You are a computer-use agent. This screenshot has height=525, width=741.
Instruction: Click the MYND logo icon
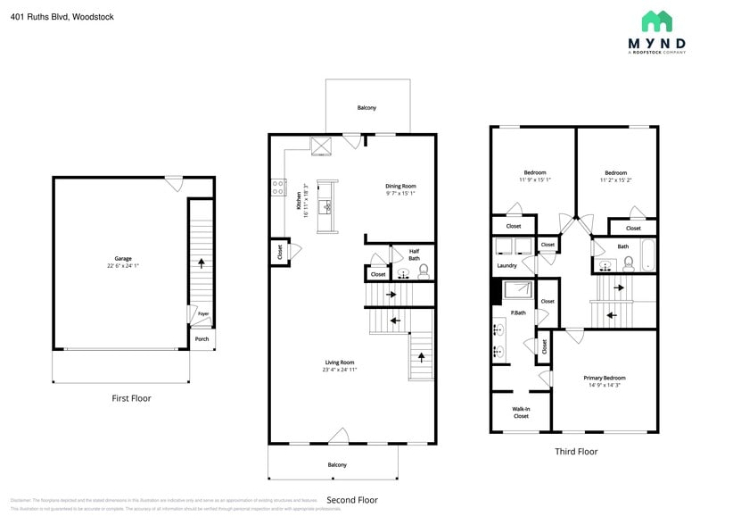656,21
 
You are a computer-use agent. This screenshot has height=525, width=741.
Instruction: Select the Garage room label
122,259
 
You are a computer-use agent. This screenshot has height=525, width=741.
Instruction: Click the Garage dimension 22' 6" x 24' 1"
122,266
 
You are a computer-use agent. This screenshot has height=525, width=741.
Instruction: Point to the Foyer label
202,313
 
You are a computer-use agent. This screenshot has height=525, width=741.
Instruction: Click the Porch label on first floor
202,338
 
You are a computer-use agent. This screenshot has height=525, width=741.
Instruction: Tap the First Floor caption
130,398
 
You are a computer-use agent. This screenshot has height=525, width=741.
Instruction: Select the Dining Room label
400,186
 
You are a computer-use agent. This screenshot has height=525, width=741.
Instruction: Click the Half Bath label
414,254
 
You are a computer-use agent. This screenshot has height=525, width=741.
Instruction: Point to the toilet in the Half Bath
424,271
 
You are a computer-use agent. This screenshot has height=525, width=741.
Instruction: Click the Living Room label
339,362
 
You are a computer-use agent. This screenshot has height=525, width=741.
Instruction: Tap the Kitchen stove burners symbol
278,188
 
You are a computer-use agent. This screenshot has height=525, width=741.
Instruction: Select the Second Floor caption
351,500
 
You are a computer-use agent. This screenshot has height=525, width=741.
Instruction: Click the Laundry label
506,265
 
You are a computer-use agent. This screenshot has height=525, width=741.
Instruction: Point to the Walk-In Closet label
521,412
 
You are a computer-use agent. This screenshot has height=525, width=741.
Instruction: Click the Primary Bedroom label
605,378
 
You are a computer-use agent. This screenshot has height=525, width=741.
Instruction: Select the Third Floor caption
576,452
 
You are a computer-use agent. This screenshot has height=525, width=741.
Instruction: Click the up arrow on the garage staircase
202,263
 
